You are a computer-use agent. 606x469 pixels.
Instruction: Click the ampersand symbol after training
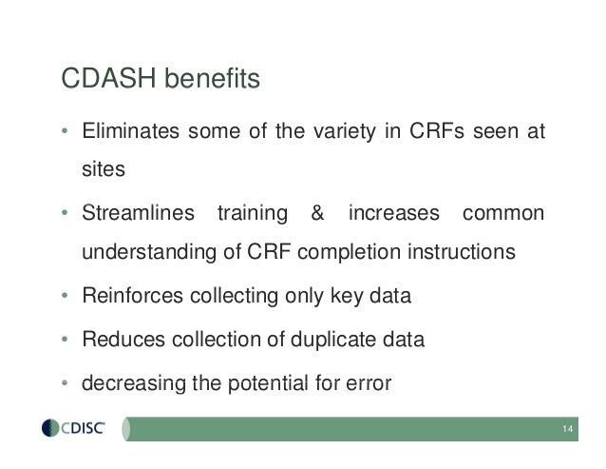(317, 213)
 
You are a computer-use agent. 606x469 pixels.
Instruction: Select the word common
(503, 213)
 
